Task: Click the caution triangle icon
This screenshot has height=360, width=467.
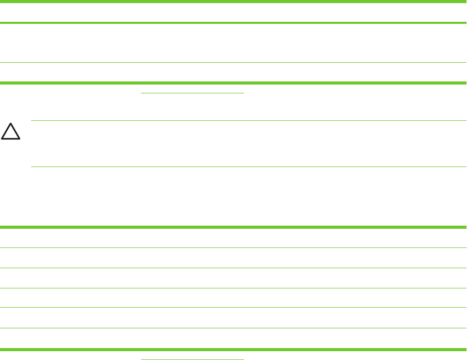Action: pyautogui.click(x=10, y=132)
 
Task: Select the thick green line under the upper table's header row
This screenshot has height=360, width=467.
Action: pyautogui.click(x=233, y=23)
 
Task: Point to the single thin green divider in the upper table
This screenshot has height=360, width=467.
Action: pyautogui.click(x=233, y=63)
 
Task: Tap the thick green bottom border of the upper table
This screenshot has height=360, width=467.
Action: pyautogui.click(x=233, y=82)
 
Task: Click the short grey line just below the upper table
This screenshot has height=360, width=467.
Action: pyautogui.click(x=193, y=93)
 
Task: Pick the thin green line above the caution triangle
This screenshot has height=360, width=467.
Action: pyautogui.click(x=249, y=121)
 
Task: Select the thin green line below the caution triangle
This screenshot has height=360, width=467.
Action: pyautogui.click(x=249, y=167)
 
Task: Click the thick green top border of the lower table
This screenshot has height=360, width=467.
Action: pyautogui.click(x=233, y=227)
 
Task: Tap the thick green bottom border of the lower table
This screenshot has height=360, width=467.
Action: pyautogui.click(x=233, y=349)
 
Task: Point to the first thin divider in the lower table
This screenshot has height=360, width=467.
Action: pyautogui.click(x=233, y=247)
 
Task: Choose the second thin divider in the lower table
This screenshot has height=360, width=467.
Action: pyautogui.click(x=233, y=268)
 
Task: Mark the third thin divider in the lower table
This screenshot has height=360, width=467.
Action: pyautogui.click(x=233, y=288)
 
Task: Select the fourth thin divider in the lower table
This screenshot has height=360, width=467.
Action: pyautogui.click(x=233, y=308)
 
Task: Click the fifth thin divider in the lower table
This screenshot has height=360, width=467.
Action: pyautogui.click(x=233, y=328)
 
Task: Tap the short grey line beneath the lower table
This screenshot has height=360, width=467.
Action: pyautogui.click(x=193, y=359)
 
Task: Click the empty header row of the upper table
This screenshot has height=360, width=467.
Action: pyautogui.click(x=233, y=12)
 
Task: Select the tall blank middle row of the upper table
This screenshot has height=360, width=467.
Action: pyautogui.click(x=233, y=43)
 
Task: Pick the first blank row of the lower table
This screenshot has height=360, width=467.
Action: pyautogui.click(x=233, y=238)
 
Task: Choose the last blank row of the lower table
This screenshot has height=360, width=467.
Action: pyautogui.click(x=233, y=338)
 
